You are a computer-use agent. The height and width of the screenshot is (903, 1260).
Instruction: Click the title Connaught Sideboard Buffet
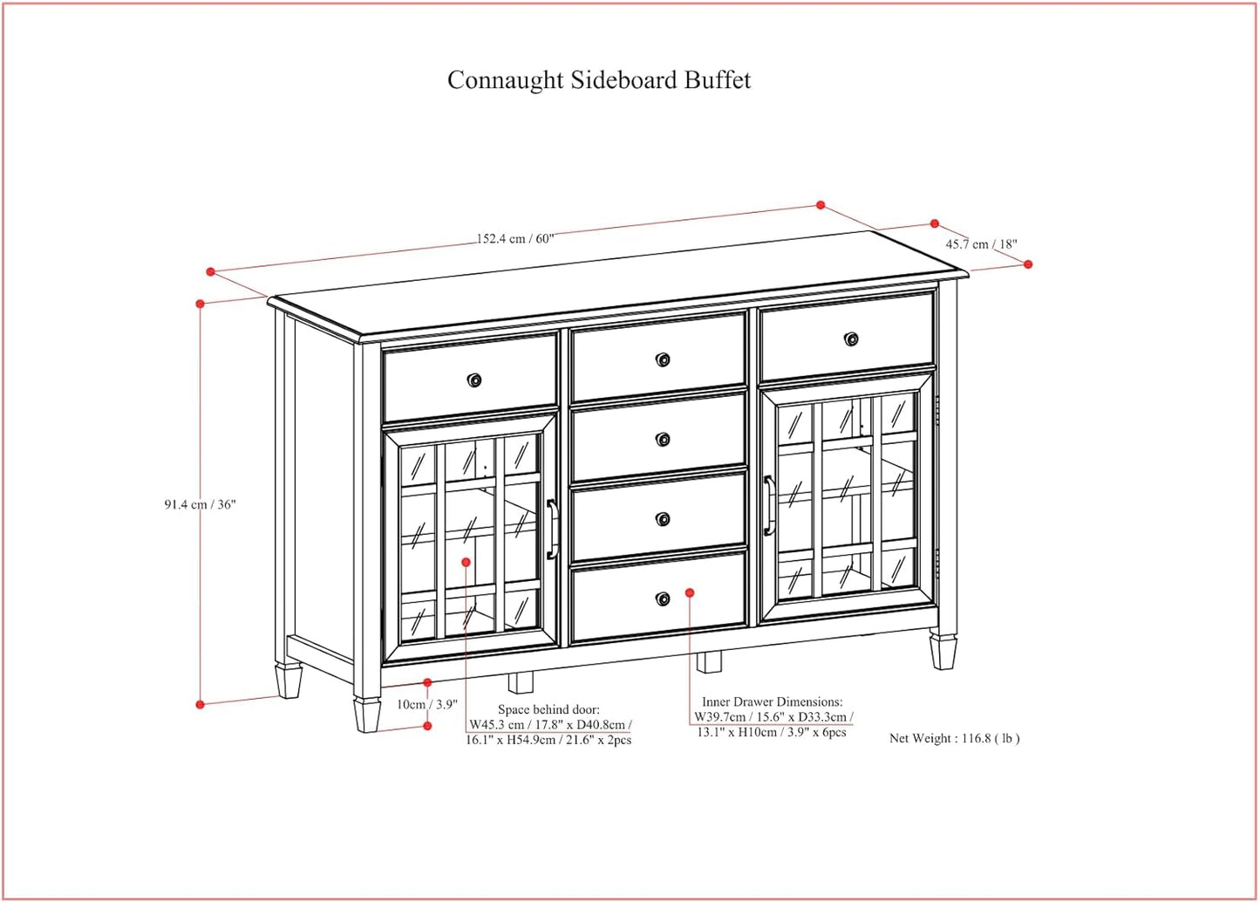(598, 80)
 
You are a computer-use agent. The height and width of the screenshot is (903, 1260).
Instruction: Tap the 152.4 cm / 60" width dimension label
(514, 238)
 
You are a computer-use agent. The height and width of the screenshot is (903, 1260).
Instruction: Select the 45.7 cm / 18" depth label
(981, 244)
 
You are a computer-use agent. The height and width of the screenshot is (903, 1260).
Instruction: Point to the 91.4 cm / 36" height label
(200, 504)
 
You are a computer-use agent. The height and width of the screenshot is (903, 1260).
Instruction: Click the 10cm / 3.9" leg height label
(426, 704)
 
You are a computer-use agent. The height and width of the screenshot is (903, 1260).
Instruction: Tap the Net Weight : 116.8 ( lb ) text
(954, 738)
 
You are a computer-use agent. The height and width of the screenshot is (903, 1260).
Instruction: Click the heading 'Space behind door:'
(548, 709)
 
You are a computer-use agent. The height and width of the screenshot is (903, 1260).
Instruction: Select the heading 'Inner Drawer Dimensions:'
(772, 701)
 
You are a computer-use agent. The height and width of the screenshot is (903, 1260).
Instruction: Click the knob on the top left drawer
(474, 380)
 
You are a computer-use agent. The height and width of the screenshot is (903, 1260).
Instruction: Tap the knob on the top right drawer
(851, 339)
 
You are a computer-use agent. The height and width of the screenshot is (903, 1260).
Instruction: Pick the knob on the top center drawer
(663, 359)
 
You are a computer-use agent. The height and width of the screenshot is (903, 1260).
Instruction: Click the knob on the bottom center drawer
(663, 599)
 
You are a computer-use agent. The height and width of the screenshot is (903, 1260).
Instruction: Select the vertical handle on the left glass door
(552, 529)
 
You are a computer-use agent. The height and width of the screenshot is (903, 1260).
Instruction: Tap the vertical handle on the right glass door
(768, 505)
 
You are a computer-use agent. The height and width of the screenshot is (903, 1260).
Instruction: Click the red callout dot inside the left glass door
(467, 563)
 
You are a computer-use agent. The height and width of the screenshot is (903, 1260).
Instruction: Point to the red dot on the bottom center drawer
(690, 592)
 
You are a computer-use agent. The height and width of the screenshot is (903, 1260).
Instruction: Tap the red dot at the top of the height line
(201, 304)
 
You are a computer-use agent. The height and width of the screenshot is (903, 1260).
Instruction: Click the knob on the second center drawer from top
(663, 439)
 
